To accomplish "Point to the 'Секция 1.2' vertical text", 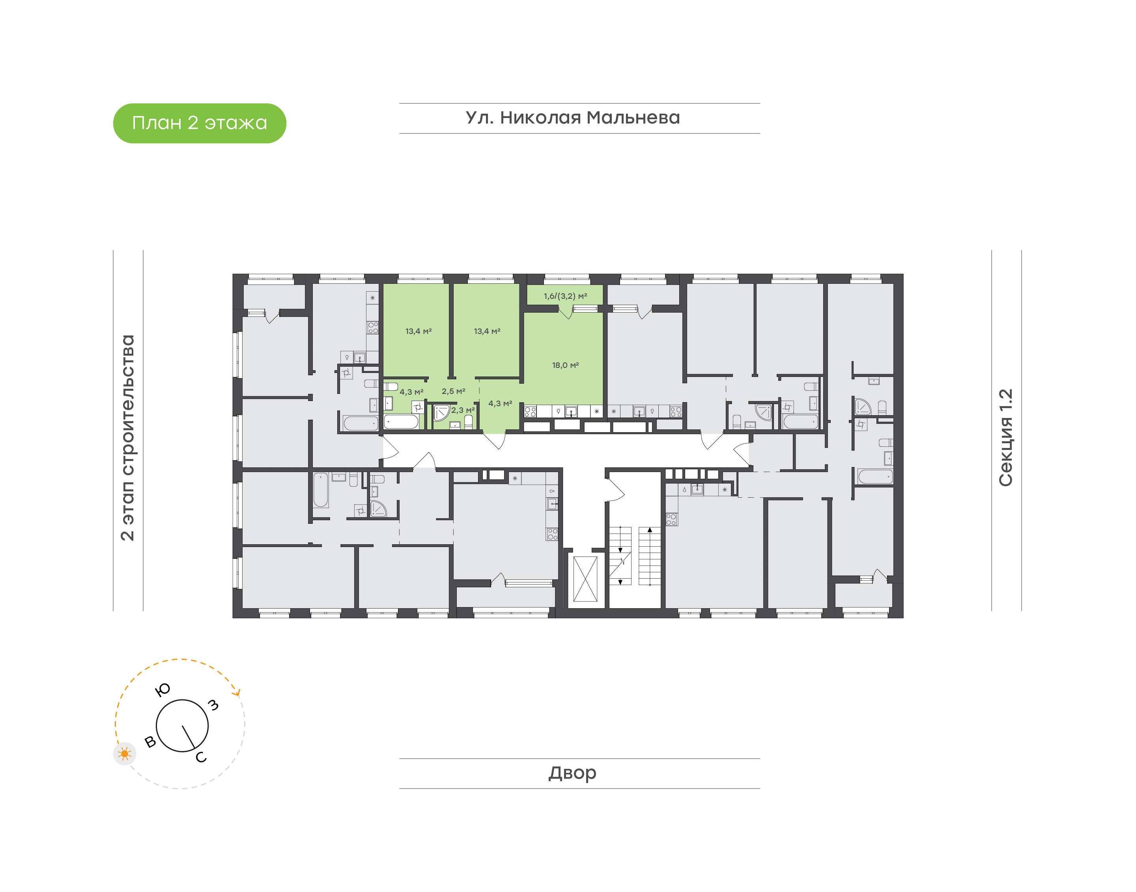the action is [1005, 438].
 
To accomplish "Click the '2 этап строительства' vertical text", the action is [128, 438].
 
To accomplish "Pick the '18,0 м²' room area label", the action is [565, 365].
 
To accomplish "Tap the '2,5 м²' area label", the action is [453, 391].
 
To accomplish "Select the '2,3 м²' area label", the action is [463, 410].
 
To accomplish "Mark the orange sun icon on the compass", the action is [125, 753].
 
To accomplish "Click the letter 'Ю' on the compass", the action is [163, 690].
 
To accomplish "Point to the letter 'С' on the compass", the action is [202, 757].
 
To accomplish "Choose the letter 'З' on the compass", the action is [213, 705].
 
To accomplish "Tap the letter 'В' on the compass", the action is [150, 742].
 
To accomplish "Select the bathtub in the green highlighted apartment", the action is [401, 422].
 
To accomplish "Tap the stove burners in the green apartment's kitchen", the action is [530, 412].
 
